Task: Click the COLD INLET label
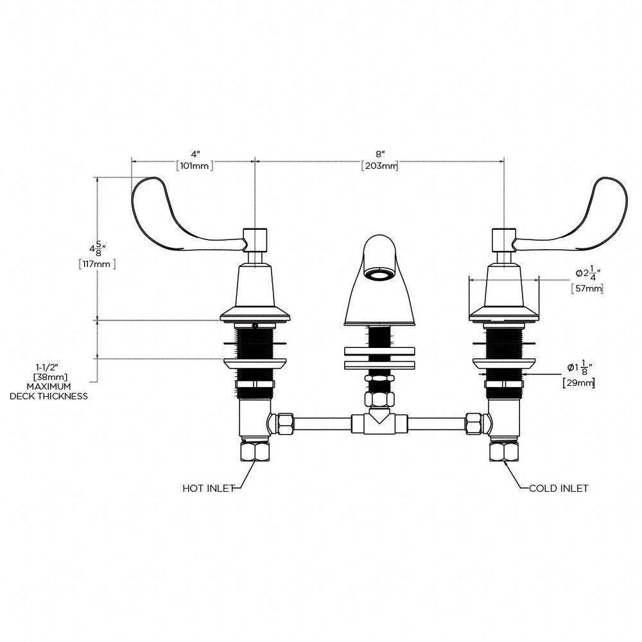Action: [559, 489]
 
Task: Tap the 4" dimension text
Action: [195, 155]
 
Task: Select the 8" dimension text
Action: [379, 155]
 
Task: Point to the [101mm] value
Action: [195, 166]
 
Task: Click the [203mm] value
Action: [379, 166]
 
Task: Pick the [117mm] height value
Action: [96, 263]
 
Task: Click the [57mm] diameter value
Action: [587, 289]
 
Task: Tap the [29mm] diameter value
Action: [578, 383]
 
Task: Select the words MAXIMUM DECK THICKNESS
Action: [49, 392]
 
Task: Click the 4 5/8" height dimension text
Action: [97, 247]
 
